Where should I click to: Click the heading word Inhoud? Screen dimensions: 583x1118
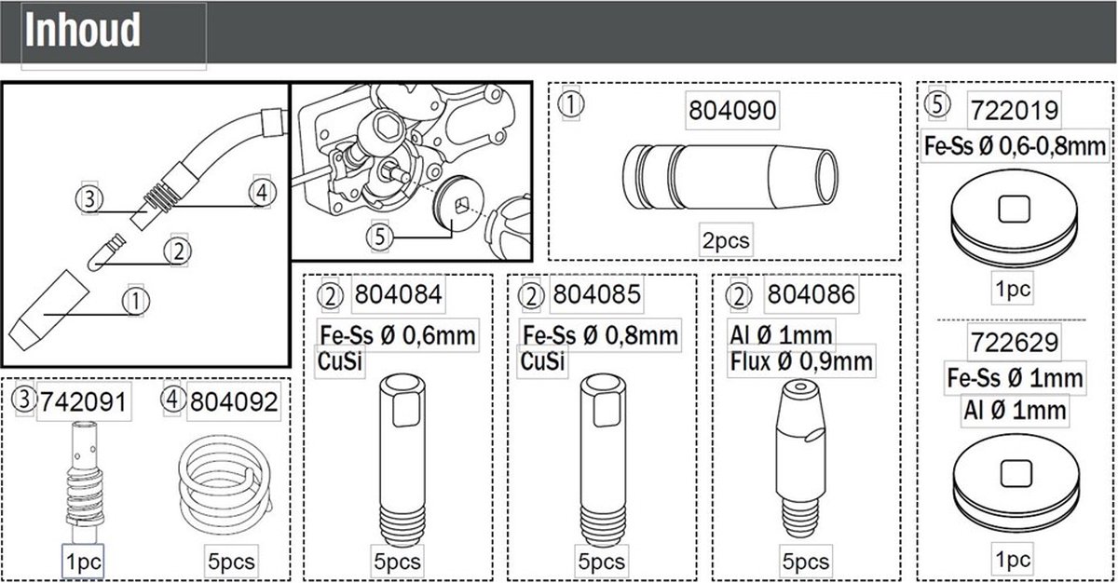pyautogui.click(x=83, y=31)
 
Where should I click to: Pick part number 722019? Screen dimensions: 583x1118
pyautogui.click(x=1014, y=111)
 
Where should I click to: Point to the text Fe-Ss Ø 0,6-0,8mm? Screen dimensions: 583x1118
pyautogui.click(x=1014, y=145)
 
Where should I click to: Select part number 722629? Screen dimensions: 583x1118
pyautogui.click(x=1014, y=343)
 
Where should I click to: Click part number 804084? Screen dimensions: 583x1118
pyautogui.click(x=398, y=297)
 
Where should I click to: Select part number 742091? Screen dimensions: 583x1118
pyautogui.click(x=82, y=401)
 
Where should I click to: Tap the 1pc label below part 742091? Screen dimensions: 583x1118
pyautogui.click(x=83, y=562)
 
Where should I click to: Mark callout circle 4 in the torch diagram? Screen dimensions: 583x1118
pyautogui.click(x=263, y=191)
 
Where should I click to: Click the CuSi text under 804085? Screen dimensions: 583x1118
pyautogui.click(x=543, y=361)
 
